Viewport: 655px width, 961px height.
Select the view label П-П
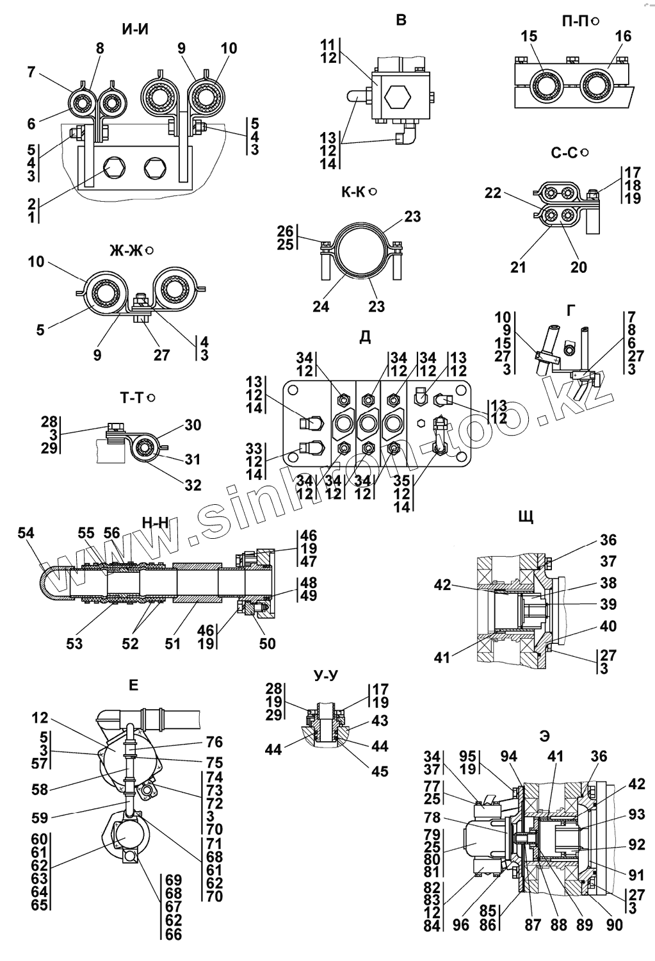[x=574, y=21]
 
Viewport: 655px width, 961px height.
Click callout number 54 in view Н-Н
[x=26, y=533]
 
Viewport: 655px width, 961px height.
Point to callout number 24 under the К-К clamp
[x=321, y=307]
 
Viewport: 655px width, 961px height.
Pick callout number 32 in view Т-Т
[x=193, y=485]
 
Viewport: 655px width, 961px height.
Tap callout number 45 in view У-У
[x=380, y=771]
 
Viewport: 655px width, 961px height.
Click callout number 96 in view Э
[x=460, y=924]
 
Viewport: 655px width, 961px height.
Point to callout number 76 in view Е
[x=214, y=741]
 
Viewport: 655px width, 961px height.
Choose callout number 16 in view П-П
[x=623, y=37]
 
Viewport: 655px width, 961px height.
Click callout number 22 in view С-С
[x=492, y=193]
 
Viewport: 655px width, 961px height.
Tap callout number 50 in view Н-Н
[x=267, y=643]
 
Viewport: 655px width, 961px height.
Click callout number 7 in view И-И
[x=31, y=72]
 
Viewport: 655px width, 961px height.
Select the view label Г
[x=570, y=311]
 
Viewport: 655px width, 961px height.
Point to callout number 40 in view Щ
[x=609, y=626]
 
